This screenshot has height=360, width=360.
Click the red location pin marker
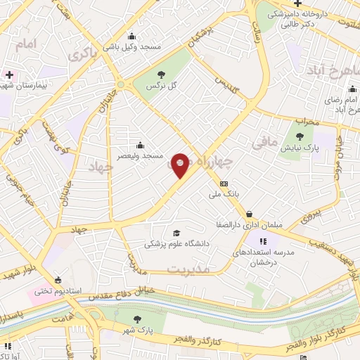point(181,165)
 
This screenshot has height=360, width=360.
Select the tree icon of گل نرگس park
point(162,73)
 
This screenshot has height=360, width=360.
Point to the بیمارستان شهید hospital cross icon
point(8,74)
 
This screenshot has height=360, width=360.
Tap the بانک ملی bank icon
point(224,184)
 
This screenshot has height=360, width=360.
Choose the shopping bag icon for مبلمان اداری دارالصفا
point(249,213)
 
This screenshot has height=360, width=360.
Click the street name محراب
point(307,122)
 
